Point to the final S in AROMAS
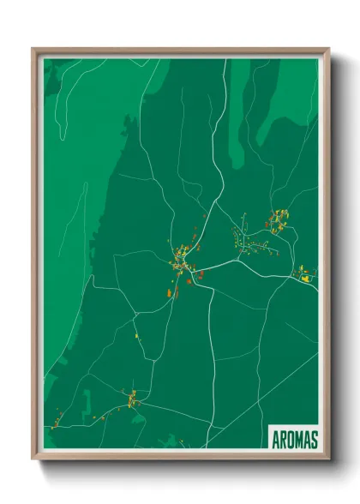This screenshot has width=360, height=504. (315, 439)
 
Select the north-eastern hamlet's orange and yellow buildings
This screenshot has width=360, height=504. (278, 220)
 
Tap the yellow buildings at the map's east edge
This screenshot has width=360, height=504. (304, 274)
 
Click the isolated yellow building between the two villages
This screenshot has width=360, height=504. (136, 336)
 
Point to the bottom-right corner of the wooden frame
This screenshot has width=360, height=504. (328, 458)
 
